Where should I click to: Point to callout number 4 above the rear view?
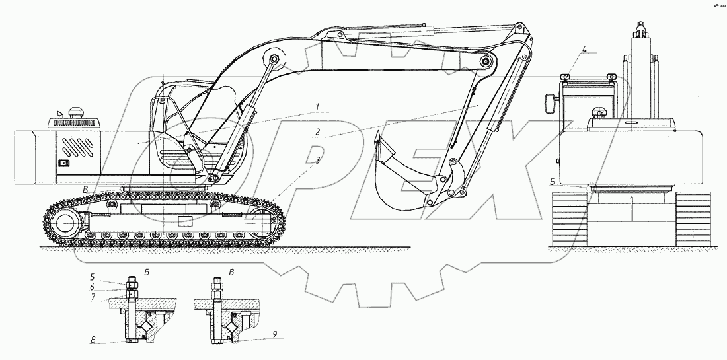[584, 48]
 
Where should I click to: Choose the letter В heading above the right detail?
[231, 271]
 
